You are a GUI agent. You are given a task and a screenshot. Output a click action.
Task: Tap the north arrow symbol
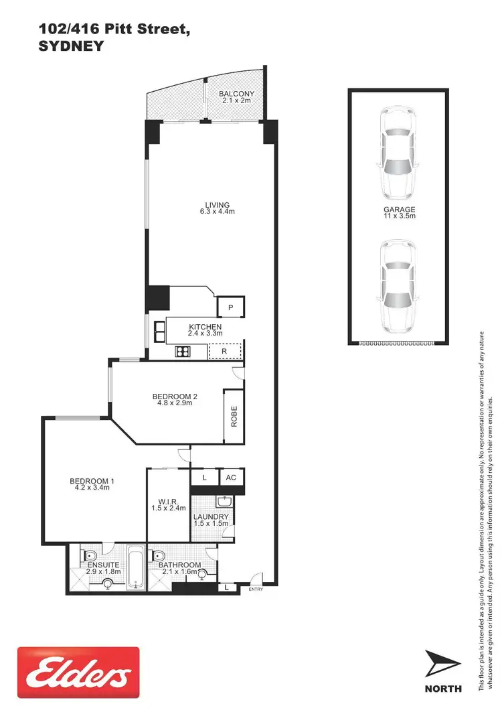pyautogui.click(x=442, y=664)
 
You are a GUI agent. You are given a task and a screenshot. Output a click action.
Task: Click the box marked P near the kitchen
pyautogui.click(x=230, y=307)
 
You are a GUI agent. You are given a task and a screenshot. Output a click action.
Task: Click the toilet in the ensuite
pyautogui.click(x=89, y=556)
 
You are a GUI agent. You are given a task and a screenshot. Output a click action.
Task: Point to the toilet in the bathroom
pyautogui.click(x=159, y=556)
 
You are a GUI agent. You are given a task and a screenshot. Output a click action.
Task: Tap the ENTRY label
pyautogui.click(x=256, y=589)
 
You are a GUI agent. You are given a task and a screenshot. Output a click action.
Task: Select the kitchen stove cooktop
pyautogui.click(x=183, y=352)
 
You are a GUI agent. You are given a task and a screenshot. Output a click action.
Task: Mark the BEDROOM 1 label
pyautogui.click(x=93, y=484)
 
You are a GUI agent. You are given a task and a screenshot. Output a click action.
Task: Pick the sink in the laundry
pyautogui.click(x=224, y=502)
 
